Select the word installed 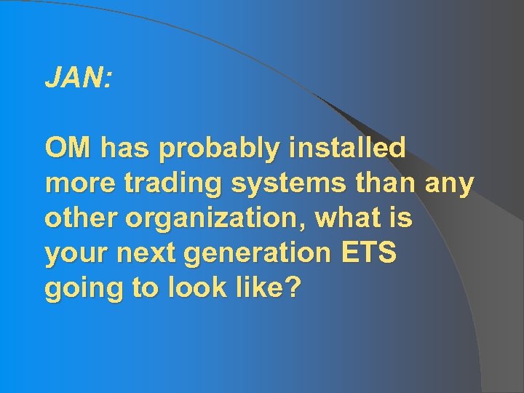(x=347, y=148)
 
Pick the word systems (x=290, y=185)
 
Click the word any (x=450, y=185)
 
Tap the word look (x=197, y=288)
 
